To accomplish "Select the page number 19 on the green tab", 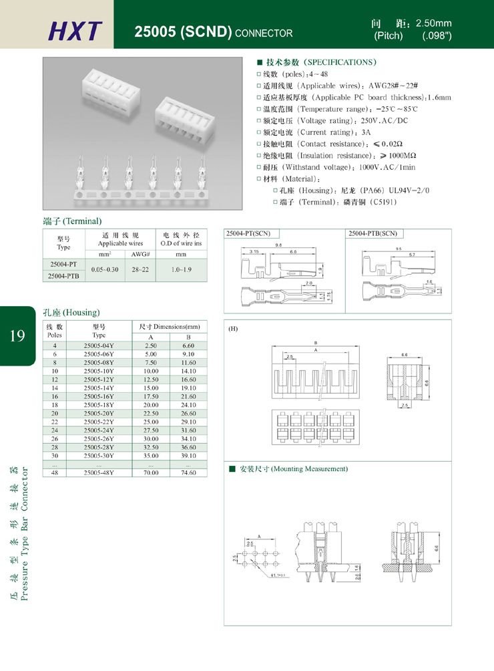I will click(17, 335).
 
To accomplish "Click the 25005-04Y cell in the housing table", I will click(99, 345).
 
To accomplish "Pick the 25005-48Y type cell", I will click(99, 473).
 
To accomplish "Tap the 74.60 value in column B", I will click(188, 473).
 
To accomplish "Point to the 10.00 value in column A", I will click(151, 370).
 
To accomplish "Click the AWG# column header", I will click(140, 255).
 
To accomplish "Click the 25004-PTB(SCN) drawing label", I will click(373, 234).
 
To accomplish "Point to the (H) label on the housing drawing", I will click(233, 329).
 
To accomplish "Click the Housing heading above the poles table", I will click(71, 312).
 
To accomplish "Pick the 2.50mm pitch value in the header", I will click(434, 23).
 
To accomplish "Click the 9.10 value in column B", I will click(188, 354).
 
